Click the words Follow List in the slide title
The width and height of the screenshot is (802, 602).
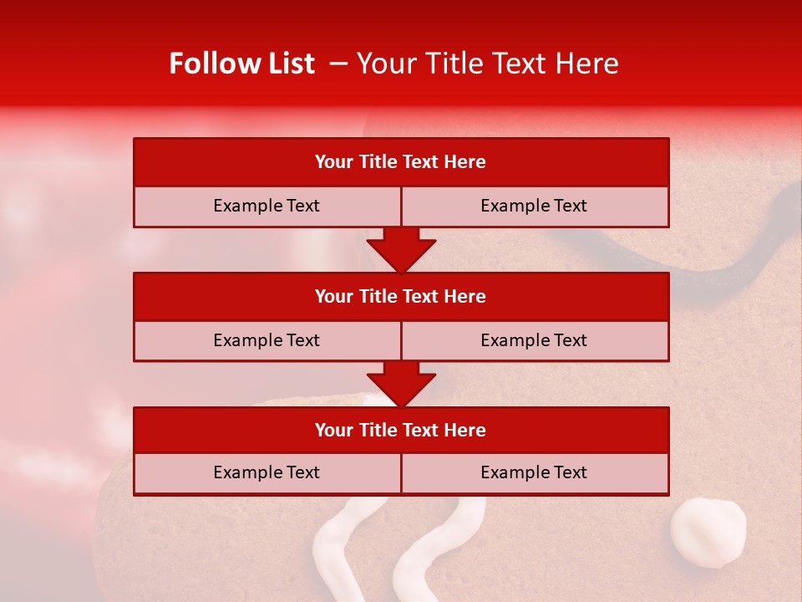pos(241,64)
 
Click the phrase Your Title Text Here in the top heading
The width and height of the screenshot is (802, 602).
pos(488,64)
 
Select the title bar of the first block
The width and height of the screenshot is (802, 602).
pos(400,162)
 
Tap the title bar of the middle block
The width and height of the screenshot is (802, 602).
pos(400,296)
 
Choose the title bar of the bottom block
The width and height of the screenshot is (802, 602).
pos(400,430)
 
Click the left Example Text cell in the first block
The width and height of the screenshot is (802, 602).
pos(266,206)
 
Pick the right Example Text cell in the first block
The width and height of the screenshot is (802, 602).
pos(534,206)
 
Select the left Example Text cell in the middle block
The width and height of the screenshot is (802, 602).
pos(266,340)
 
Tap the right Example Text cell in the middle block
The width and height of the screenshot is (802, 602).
pos(534,340)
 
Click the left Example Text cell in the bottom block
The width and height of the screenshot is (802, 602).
pos(266,472)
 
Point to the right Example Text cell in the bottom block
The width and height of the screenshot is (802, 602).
pos(534,472)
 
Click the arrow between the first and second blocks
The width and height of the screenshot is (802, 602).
pos(401,249)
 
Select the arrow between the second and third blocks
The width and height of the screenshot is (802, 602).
pos(401,384)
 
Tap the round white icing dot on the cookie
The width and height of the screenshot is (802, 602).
pos(708,533)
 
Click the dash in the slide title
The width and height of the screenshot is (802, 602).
pos(338,64)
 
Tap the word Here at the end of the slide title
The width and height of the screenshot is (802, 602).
pos(590,64)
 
